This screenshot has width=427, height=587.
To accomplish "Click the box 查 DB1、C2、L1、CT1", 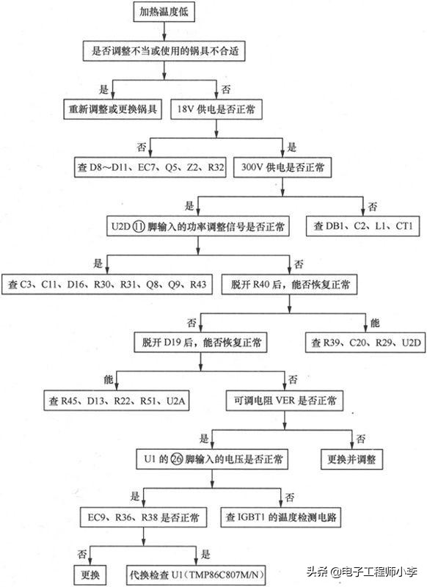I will click(363, 226).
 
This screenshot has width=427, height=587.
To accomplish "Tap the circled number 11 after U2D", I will click(142, 226).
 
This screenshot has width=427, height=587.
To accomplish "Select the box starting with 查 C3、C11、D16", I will click(106, 284).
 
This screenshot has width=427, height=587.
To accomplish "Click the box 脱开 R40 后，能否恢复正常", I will click(290, 284).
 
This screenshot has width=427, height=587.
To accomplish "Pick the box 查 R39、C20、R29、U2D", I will click(364, 341).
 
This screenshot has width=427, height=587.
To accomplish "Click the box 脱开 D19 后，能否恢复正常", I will click(199, 341).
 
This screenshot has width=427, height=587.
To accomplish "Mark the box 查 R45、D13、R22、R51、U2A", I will click(116, 401).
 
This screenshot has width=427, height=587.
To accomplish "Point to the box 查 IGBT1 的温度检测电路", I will click(291, 517).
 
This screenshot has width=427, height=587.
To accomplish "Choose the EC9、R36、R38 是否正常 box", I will click(144, 517).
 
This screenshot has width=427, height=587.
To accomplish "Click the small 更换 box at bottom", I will click(90, 572).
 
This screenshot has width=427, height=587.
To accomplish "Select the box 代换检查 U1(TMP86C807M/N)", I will click(197, 572).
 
